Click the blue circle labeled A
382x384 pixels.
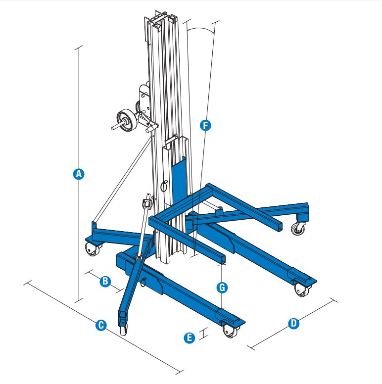[79, 174]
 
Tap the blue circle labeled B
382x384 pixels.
[105, 281]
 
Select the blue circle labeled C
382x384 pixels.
[101, 325]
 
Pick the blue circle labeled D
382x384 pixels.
[293, 324]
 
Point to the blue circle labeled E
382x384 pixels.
[190, 337]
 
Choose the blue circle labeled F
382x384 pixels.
[205, 125]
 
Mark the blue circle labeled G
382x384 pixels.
[222, 288]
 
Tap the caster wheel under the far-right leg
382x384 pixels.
[298, 229]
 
